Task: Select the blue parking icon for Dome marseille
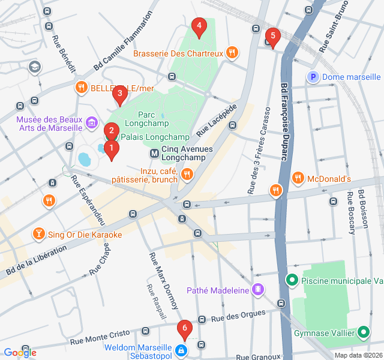point(313,77)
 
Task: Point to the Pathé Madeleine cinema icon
point(258,290)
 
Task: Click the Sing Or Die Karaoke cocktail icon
point(39,234)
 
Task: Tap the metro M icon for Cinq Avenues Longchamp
point(154,154)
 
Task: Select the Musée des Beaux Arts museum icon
point(91,124)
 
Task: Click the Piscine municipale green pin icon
point(292,280)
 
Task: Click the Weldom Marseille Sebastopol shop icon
point(181,349)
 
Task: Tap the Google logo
point(20,353)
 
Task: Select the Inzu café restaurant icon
point(187,175)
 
